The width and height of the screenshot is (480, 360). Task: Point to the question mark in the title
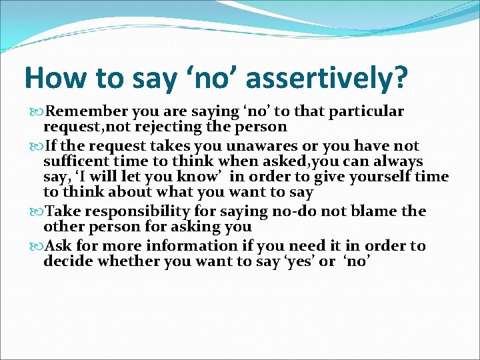click(398, 78)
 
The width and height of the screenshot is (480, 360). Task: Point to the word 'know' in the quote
click(203, 177)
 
